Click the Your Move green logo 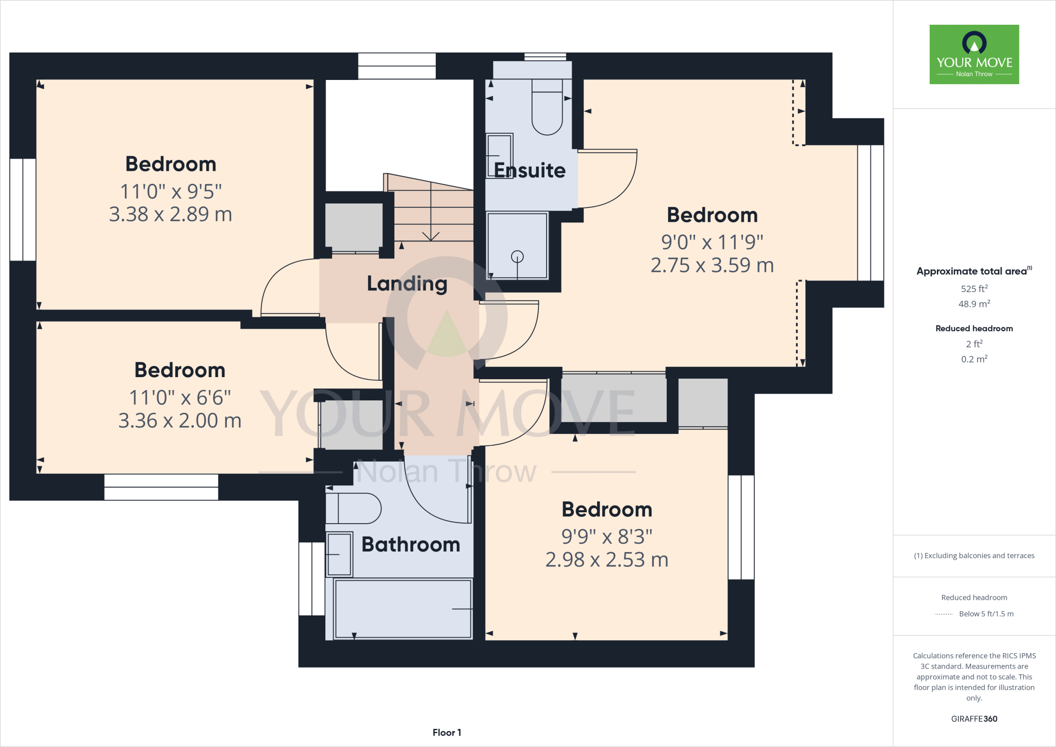(x=974, y=54)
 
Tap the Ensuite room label (x=530, y=170)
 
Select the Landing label (x=407, y=283)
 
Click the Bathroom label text (x=410, y=544)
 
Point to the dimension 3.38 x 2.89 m (x=170, y=214)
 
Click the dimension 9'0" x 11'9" (x=712, y=241)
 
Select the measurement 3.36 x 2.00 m (x=179, y=420)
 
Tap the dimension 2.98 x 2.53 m (x=606, y=560)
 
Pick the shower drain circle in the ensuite (x=517, y=256)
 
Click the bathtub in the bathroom (x=403, y=609)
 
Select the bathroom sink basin (x=339, y=554)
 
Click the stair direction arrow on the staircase (x=431, y=235)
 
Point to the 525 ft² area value (x=974, y=289)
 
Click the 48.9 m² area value (x=974, y=304)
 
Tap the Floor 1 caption (x=447, y=733)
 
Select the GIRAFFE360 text (x=974, y=719)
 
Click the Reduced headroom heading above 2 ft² (x=974, y=329)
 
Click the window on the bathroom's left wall (x=312, y=578)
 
